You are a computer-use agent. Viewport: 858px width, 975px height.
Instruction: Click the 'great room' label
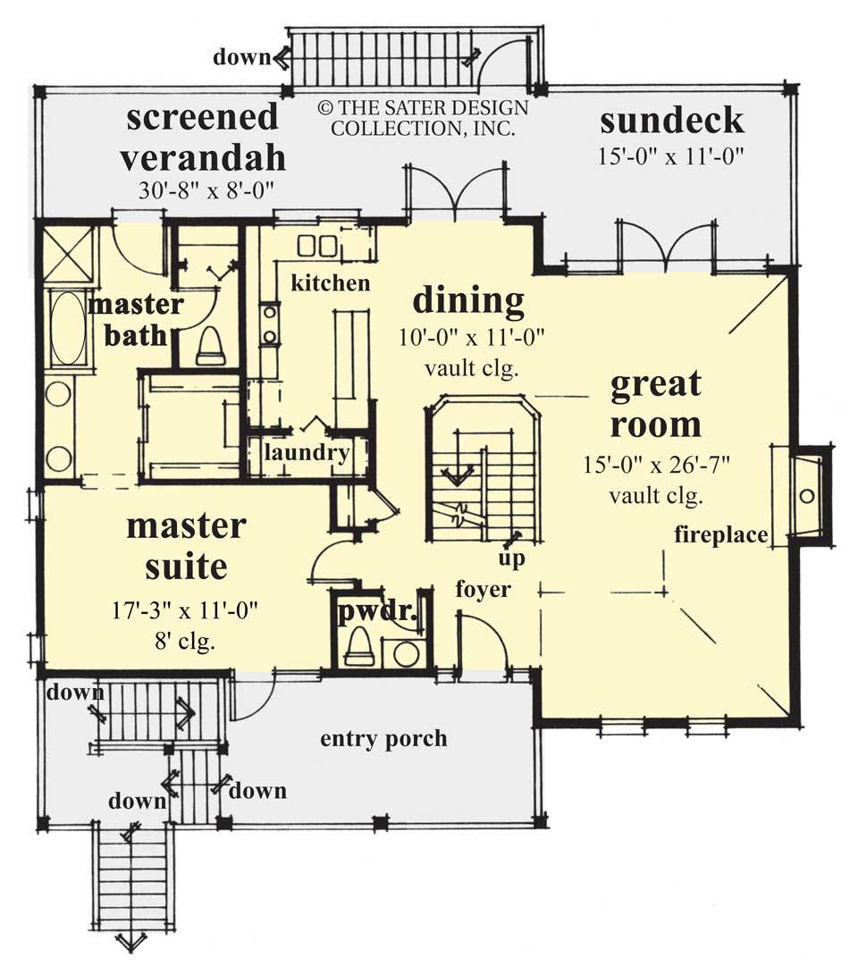[x=655, y=405]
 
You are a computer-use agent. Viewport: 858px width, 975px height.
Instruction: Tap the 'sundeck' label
[x=671, y=120]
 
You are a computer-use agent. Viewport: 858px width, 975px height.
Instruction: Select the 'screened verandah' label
[x=203, y=137]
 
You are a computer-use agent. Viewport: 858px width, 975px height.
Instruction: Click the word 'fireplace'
[x=721, y=535]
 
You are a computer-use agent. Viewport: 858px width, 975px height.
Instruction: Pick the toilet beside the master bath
[x=209, y=346]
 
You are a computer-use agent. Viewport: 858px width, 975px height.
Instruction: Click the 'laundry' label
[x=307, y=452]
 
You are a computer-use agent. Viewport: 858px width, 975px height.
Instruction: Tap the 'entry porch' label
[x=383, y=739]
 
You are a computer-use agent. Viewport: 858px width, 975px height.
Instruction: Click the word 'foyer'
[x=483, y=589]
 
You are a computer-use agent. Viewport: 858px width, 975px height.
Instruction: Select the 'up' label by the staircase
[x=513, y=559]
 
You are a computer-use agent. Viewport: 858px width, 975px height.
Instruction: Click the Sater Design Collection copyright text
[x=423, y=118]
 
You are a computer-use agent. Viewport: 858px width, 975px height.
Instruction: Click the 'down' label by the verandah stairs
[x=240, y=58]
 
